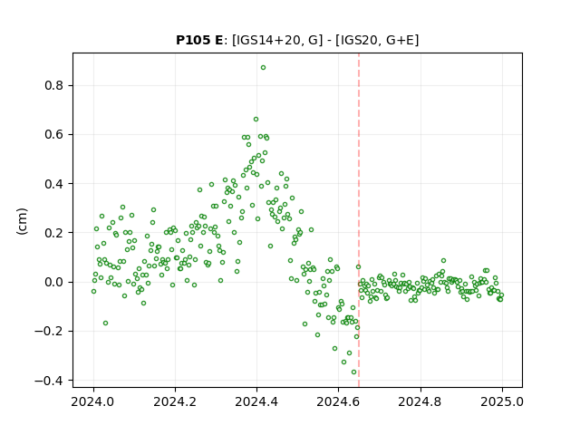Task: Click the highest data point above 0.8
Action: tap(263, 68)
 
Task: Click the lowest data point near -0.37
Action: tap(353, 372)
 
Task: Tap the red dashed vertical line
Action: tap(359, 220)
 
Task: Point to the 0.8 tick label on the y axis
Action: tap(54, 86)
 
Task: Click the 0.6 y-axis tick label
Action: tap(54, 135)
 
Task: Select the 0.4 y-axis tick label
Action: tap(54, 184)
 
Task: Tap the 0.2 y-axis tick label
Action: tap(54, 233)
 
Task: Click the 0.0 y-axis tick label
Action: tap(54, 282)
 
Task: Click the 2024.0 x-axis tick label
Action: tap(93, 401)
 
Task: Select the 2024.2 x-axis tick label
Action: tap(175, 401)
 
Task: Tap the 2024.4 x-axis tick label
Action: tap(256, 401)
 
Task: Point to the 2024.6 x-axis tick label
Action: tap(338, 401)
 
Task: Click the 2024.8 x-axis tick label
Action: tap(420, 401)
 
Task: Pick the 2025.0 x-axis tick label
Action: tap(502, 401)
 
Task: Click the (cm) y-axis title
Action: tap(22, 221)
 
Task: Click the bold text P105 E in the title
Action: tap(199, 40)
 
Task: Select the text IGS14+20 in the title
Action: tap(266, 40)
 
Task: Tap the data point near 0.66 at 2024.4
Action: tap(256, 119)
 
